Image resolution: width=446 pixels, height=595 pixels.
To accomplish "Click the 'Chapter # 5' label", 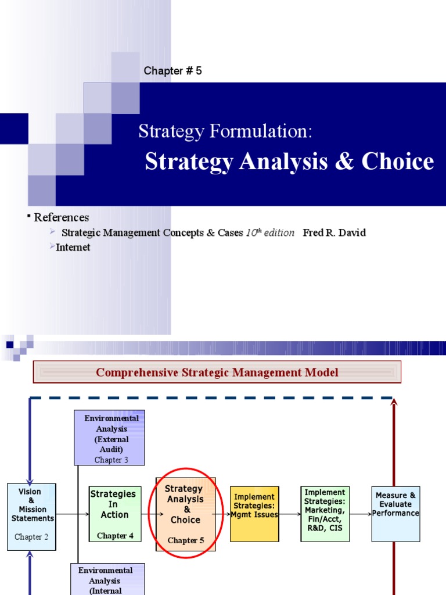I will tap(172, 71).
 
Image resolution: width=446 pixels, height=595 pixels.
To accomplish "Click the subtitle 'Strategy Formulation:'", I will tap(225, 131).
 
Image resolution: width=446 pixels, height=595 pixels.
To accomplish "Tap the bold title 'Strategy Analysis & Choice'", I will tap(289, 162).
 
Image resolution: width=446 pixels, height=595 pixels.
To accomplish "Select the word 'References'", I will tap(61, 217).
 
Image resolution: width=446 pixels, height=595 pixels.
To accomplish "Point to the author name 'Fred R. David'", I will tap(334, 232).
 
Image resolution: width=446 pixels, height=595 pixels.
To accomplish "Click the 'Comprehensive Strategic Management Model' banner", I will tap(217, 372).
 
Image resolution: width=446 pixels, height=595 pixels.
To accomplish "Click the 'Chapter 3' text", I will tap(111, 460).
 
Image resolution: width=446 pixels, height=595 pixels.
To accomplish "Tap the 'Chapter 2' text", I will tap(32, 537).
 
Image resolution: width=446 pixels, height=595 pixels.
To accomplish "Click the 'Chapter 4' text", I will tap(115, 536).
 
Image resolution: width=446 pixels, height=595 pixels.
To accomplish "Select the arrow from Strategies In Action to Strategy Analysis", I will tap(149, 514).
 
